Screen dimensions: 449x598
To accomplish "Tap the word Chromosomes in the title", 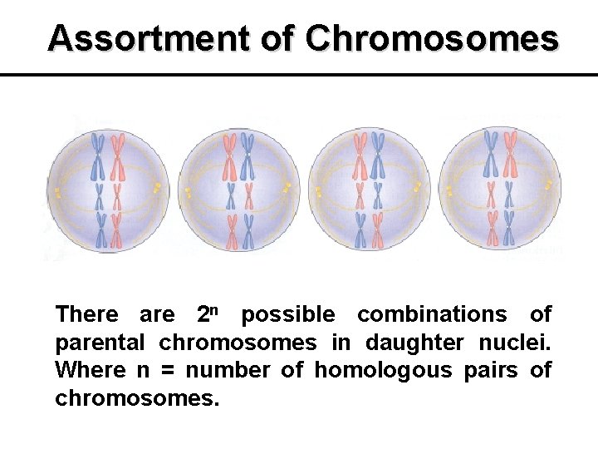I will pyautogui.click(x=432, y=38).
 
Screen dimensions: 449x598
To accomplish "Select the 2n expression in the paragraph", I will pyautogui.click(x=208, y=314).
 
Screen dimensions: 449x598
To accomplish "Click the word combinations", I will pyautogui.click(x=432, y=314).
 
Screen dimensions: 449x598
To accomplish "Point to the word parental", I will pyautogui.click(x=100, y=343).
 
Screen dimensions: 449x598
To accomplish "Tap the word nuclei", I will pyautogui.click(x=516, y=343).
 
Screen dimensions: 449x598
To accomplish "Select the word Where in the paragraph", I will pyautogui.click(x=88, y=370).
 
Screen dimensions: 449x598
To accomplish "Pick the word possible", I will pyautogui.click(x=288, y=314).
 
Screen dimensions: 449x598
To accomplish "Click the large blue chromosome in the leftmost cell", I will pyautogui.click(x=99, y=155).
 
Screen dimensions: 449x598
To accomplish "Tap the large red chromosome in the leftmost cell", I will pyautogui.click(x=117, y=155).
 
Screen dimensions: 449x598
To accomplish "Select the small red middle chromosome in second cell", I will pyautogui.click(x=229, y=197).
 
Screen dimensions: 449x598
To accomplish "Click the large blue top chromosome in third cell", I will pyautogui.click(x=378, y=155).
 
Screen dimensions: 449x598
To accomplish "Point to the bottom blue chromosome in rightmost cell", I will pyautogui.click(x=508, y=230).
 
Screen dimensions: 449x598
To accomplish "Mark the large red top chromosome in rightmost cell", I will pyautogui.click(x=509, y=155).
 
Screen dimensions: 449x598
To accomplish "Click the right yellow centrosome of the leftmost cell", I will pyautogui.click(x=157, y=190).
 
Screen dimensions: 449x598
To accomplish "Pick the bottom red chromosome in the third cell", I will pyautogui.click(x=378, y=230).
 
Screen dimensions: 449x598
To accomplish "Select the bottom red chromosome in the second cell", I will pyautogui.click(x=229, y=230).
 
